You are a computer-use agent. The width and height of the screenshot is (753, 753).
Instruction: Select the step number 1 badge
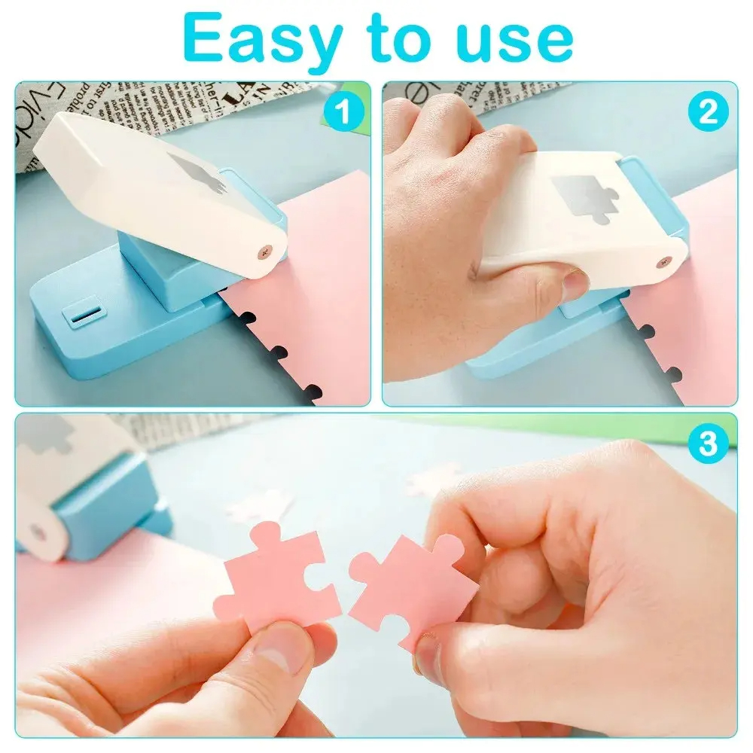343,111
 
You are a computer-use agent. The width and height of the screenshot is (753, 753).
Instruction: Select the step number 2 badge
709,111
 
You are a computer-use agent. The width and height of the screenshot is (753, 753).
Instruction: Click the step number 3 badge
708,444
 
